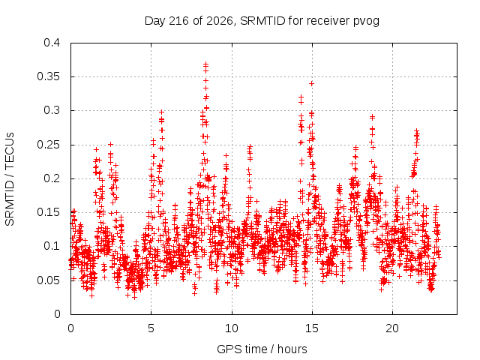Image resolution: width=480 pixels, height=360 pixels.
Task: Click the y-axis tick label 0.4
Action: click(52, 43)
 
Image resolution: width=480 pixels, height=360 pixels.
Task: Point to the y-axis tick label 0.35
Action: click(48, 76)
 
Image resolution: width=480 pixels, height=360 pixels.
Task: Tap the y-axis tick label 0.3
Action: click(52, 110)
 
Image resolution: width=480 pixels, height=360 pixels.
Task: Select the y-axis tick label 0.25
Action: click(48, 145)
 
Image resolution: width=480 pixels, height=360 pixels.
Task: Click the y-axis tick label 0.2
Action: click(52, 178)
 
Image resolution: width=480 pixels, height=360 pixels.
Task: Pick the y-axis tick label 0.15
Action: click(48, 212)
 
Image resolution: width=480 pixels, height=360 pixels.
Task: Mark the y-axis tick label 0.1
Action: click(52, 246)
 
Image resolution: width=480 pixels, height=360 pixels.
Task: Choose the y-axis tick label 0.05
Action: click(48, 280)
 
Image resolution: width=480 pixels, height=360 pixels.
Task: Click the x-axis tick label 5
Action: click(151, 328)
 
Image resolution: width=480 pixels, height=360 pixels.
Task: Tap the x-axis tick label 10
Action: click(232, 328)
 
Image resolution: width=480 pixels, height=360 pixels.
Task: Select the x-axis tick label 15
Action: click(312, 328)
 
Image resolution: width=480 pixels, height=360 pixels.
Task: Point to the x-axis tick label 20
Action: click(392, 328)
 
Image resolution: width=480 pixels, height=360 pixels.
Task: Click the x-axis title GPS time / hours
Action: click(262, 349)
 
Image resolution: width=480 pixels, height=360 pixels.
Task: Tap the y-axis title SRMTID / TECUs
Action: click(10, 179)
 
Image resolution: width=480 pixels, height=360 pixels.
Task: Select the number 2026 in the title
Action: click(220, 21)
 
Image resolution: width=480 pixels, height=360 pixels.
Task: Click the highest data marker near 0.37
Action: click(205, 64)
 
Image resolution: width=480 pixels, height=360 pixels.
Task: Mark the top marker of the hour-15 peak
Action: click(312, 83)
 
